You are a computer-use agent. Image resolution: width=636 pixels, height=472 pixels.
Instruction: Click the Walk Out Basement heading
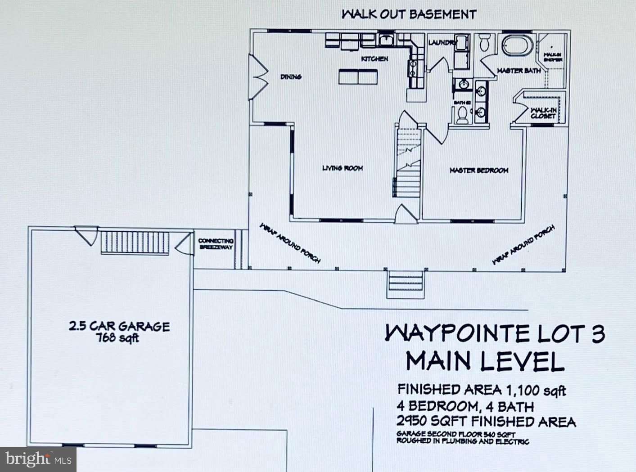[408, 14]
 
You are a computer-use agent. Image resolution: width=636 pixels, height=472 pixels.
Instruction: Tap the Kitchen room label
[374, 59]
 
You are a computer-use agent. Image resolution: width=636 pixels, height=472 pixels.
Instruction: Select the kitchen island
[358, 76]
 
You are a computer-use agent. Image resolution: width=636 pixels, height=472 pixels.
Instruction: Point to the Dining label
[291, 77]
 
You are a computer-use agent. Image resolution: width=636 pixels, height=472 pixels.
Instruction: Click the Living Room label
[343, 168]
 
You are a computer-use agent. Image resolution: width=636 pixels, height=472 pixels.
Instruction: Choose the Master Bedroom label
[479, 171]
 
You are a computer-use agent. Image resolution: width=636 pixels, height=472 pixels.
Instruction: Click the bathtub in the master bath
[518, 45]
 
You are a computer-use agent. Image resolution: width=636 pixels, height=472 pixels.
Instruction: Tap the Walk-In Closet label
[543, 113]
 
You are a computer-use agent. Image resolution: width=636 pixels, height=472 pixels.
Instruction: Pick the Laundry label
[442, 43]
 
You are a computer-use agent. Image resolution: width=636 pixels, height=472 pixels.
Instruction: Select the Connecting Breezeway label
[216, 244]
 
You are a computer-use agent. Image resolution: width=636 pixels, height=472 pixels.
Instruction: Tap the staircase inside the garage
[135, 243]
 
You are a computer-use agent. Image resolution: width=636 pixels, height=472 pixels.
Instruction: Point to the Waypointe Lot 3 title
[495, 334]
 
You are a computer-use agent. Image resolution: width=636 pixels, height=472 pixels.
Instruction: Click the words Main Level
[485, 361]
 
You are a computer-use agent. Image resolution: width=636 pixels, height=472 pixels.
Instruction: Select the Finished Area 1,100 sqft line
[481, 390]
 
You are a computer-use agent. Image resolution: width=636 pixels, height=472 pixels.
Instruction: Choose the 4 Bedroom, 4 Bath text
[465, 407]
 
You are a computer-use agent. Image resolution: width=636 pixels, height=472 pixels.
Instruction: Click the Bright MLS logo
[38, 459]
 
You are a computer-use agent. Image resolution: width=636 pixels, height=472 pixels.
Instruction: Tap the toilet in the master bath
[485, 43]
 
